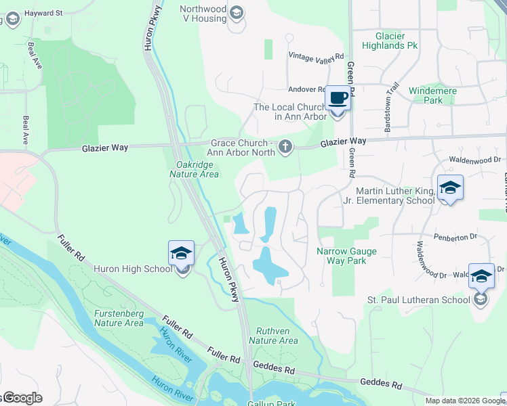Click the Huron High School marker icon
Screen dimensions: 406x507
pyautogui.click(x=181, y=254)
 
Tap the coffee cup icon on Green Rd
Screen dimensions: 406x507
pyautogui.click(x=338, y=98)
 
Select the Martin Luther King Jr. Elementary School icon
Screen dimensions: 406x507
pyautogui.click(x=450, y=187)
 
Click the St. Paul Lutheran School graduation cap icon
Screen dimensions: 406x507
pyautogui.click(x=481, y=277)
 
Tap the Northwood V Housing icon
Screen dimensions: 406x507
pyautogui.click(x=236, y=12)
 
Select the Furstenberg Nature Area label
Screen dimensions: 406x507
pyautogui.click(x=119, y=318)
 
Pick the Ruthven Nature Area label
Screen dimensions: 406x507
pyautogui.click(x=273, y=336)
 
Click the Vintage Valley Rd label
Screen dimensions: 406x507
pyautogui.click(x=316, y=56)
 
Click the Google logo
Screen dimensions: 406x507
pyautogui.click(x=22, y=398)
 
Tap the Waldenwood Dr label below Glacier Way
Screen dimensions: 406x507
pyautogui.click(x=478, y=160)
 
